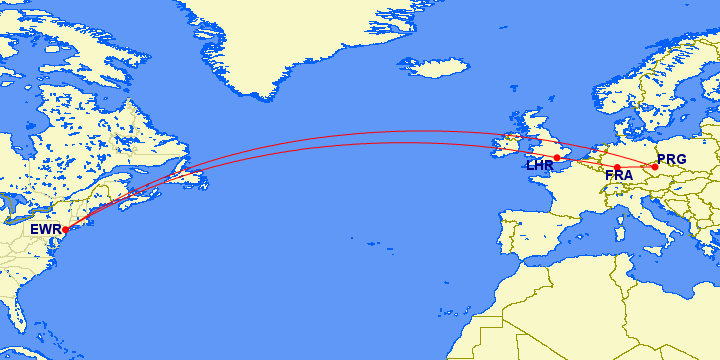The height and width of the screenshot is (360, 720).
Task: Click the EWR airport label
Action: (x=45, y=229)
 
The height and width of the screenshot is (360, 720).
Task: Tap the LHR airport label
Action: (x=540, y=165)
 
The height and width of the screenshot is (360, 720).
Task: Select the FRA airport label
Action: (x=619, y=176)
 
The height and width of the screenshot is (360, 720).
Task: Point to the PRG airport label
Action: (x=672, y=159)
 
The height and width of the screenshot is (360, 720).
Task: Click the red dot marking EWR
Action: (x=65, y=229)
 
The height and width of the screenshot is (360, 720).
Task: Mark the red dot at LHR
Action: (x=557, y=157)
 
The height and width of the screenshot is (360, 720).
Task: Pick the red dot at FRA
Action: (x=618, y=167)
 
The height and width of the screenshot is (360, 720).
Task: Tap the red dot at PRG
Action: (x=655, y=166)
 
